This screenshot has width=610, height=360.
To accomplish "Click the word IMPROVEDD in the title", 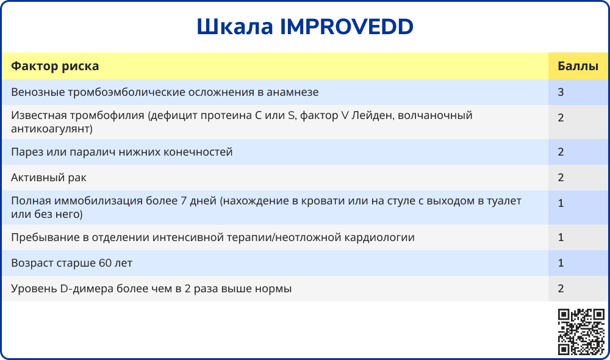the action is tap(346, 26).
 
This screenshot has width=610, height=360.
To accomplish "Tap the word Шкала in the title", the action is tap(235, 26).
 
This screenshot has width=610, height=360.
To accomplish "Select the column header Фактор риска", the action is tap(55, 66).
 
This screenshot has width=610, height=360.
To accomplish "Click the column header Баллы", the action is tap(578, 66).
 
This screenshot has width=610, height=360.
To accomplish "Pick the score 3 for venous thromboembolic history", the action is tap(561, 92).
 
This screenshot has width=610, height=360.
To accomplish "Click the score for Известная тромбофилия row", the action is tap(561, 118).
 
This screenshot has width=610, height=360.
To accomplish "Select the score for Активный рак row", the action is tap(561, 178).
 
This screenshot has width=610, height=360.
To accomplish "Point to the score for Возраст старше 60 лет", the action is tap(561, 263).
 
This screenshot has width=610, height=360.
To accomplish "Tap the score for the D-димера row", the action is tap(561, 289).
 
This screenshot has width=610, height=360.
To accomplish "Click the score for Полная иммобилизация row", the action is tap(561, 203).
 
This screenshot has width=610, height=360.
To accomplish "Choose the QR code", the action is tap(581, 332).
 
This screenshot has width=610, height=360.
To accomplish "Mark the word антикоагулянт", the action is tap(50, 129).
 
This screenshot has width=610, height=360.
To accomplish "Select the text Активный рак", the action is tap(49, 178).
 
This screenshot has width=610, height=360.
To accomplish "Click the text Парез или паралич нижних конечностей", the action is tap(122, 152).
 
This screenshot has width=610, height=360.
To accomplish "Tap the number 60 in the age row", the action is tap(105, 263).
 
